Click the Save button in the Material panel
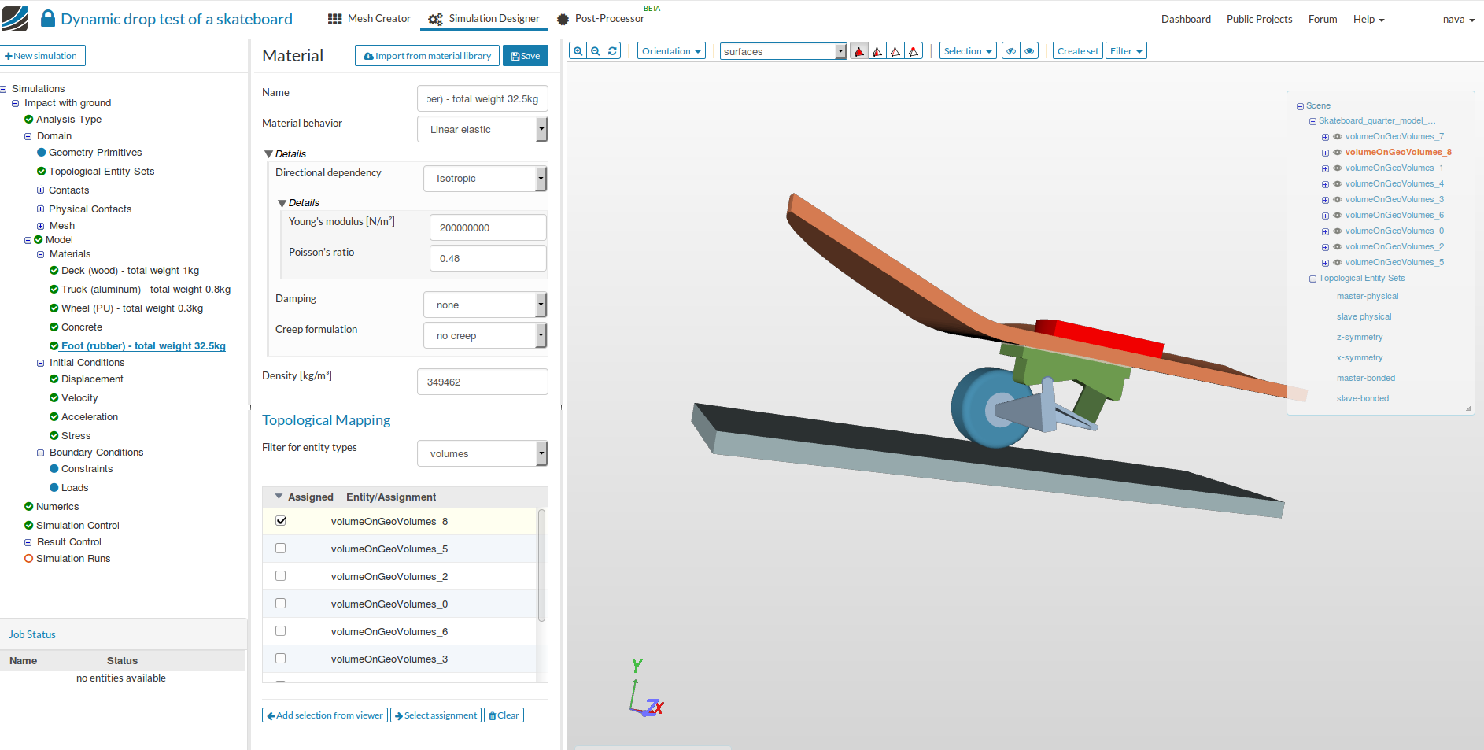pyautogui.click(x=525, y=56)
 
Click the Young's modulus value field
pyautogui.click(x=488, y=227)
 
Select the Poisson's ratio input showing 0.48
pyautogui.click(x=488, y=258)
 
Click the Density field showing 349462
pyautogui.click(x=482, y=382)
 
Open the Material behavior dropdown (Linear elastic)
pyautogui.click(x=482, y=129)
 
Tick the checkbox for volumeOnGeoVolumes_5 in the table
pyautogui.click(x=281, y=549)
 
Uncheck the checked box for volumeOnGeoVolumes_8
pyautogui.click(x=281, y=521)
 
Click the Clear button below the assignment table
pyautogui.click(x=504, y=715)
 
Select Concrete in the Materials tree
pyautogui.click(x=82, y=327)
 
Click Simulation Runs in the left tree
pyautogui.click(x=73, y=559)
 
